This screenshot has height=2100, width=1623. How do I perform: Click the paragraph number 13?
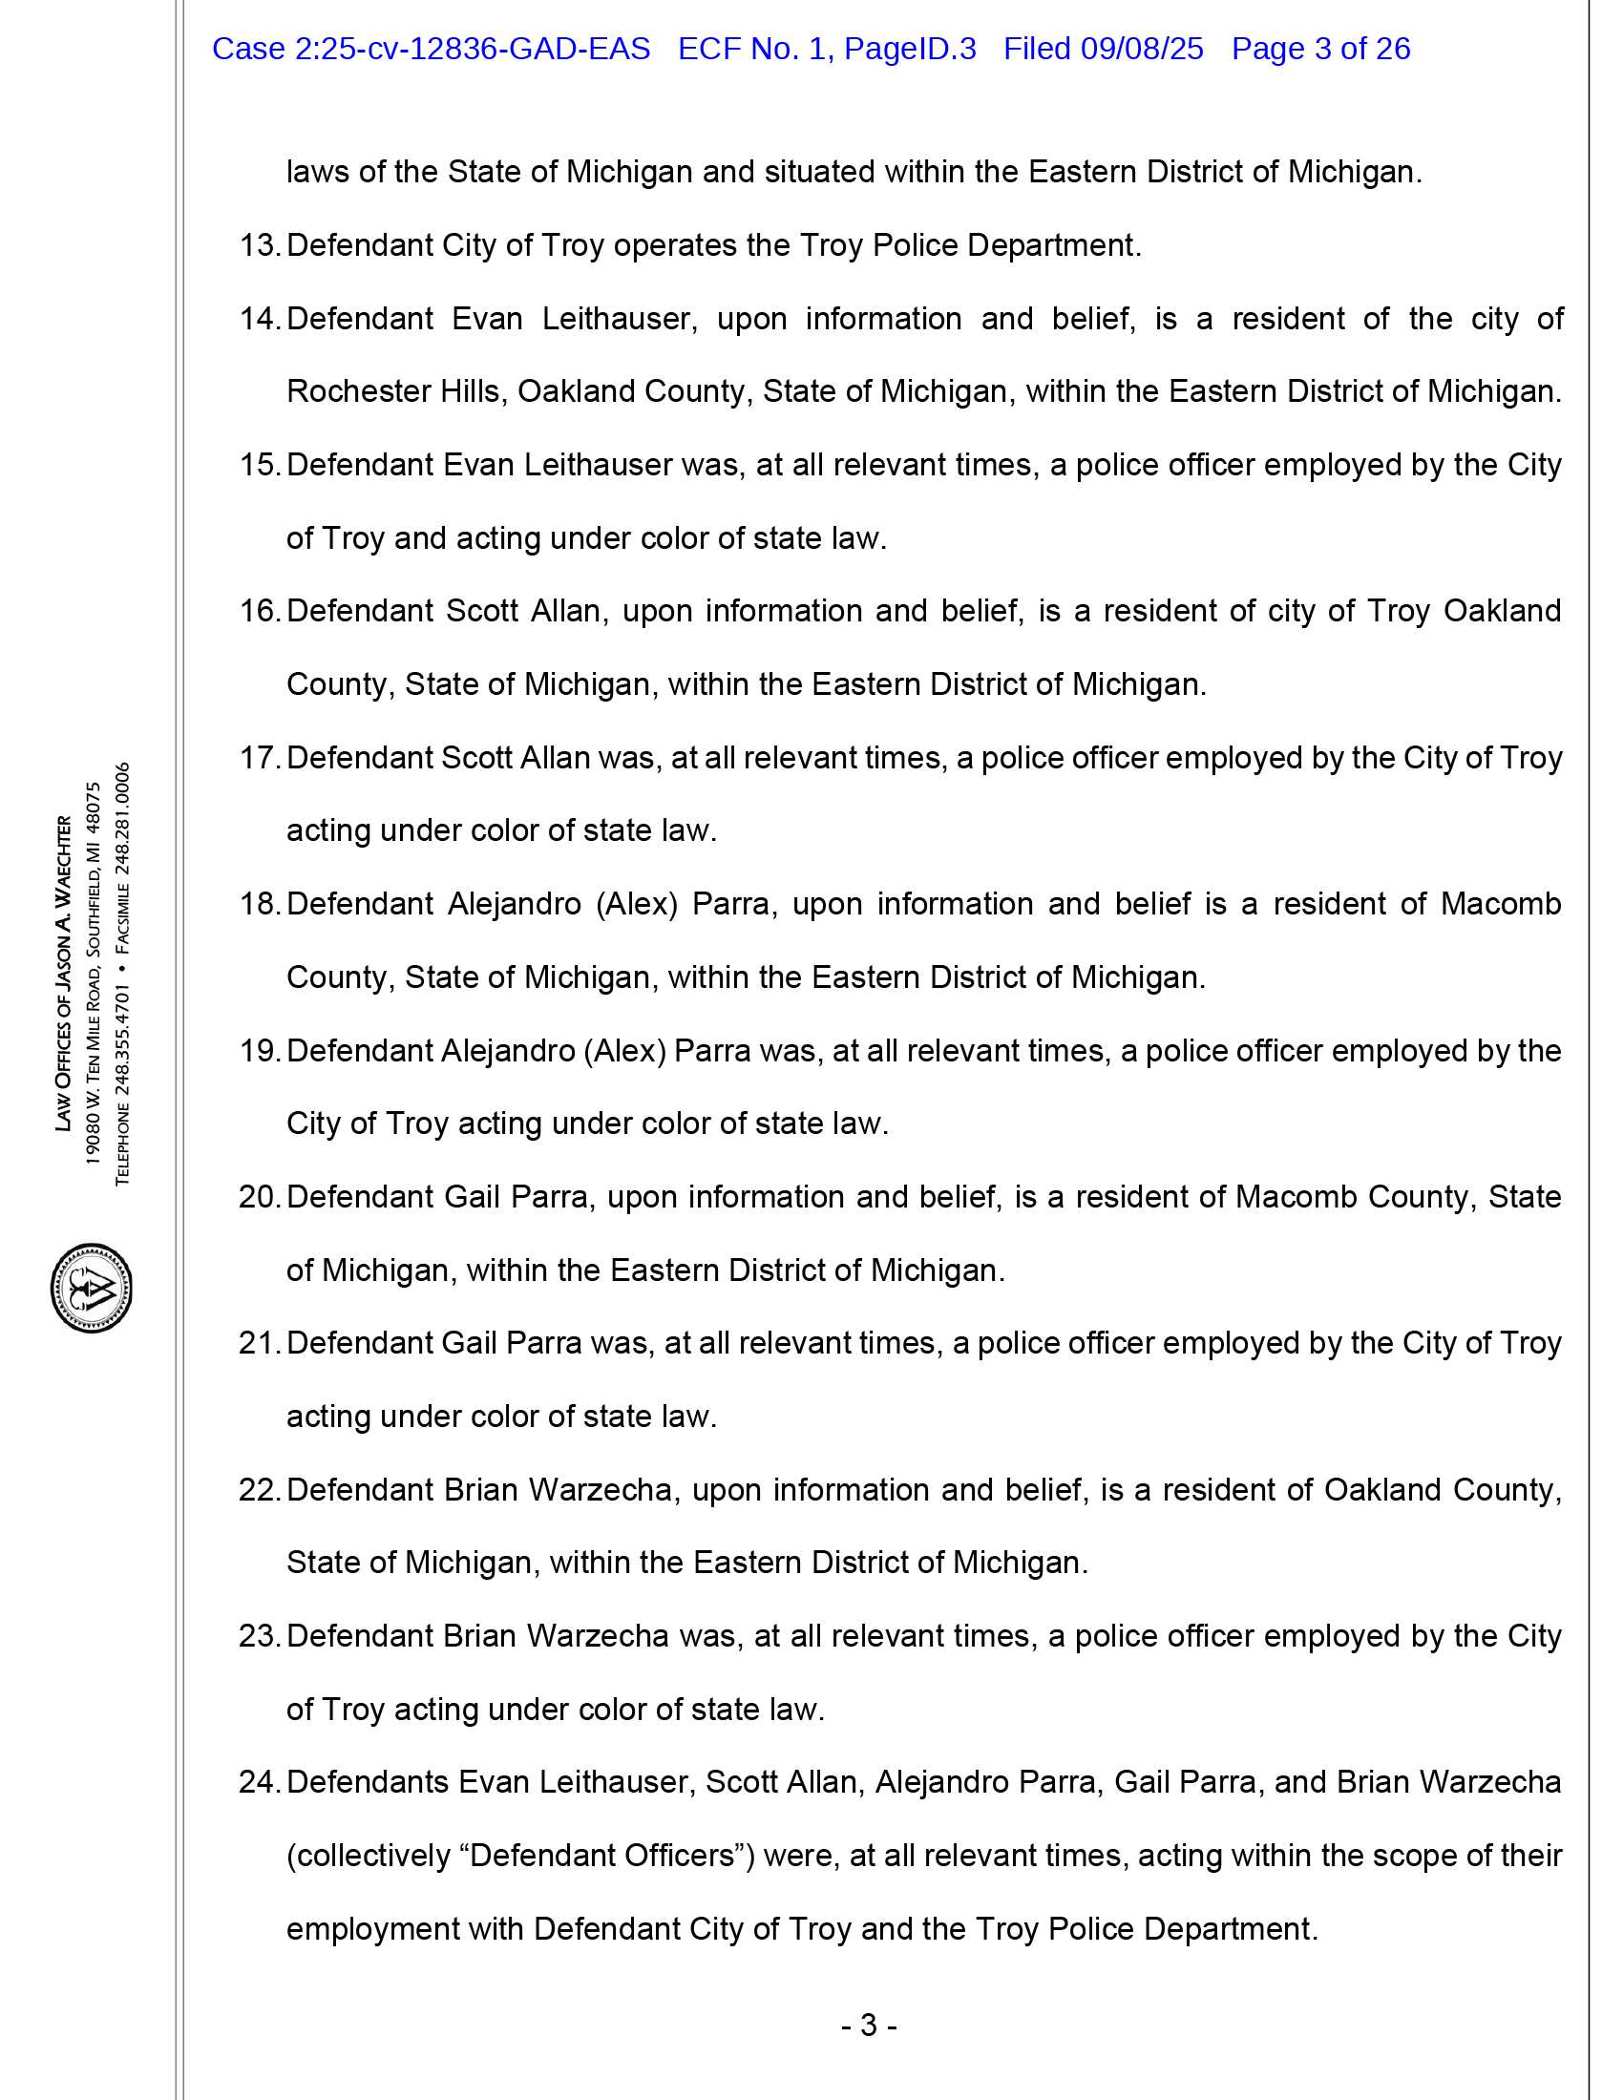(258, 246)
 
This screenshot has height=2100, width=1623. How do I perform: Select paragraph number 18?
(258, 905)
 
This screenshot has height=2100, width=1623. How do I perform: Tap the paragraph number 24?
(258, 1782)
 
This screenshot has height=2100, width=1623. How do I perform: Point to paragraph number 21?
(258, 1343)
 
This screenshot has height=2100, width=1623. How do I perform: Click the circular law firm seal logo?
(92, 1288)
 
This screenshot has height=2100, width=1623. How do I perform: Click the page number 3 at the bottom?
(868, 2026)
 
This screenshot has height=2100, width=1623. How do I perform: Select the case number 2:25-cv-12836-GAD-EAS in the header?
(431, 49)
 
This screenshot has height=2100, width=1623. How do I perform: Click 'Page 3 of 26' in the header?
(1320, 49)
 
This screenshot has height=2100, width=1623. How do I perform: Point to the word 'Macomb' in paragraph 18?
(1500, 905)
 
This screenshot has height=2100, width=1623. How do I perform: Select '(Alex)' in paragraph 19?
(625, 1051)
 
